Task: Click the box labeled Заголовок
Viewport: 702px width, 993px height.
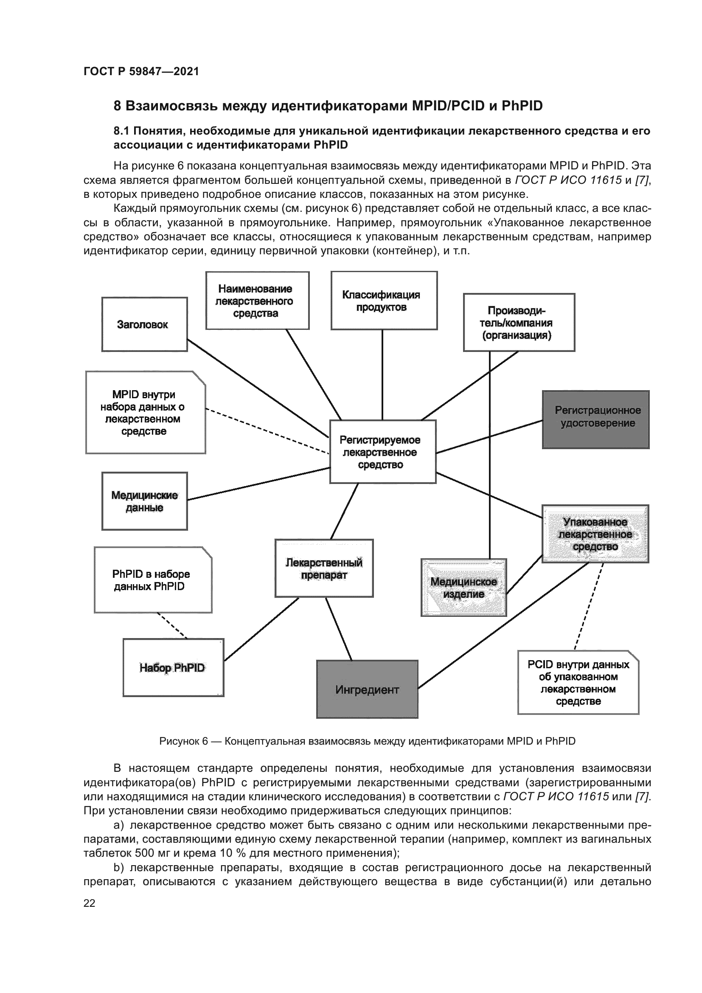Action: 144,324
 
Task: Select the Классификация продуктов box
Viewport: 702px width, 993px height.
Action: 384,301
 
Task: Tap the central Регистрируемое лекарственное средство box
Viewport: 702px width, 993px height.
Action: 382,452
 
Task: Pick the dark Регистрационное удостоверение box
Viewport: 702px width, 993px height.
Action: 595,419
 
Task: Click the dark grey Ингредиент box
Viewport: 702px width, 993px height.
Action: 367,689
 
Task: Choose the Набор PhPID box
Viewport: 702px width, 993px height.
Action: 173,667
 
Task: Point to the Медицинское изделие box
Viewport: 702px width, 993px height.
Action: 463,587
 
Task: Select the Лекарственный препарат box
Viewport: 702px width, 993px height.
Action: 324,568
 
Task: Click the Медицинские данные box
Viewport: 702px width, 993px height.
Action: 144,501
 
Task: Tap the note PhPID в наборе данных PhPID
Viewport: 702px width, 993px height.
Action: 153,580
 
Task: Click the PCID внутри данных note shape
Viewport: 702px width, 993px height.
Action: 578,683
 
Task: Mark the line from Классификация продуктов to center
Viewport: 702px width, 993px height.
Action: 382,374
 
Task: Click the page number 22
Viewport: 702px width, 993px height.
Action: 89,903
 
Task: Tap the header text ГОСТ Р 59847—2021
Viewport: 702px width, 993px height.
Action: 141,71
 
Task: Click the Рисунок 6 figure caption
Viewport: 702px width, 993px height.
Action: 367,741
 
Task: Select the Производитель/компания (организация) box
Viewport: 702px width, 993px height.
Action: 519,323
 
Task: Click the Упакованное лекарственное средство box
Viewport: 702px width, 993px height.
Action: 595,534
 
